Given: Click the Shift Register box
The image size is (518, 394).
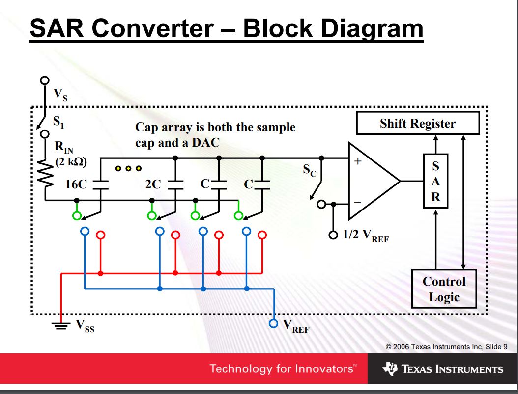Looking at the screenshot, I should point(417,124).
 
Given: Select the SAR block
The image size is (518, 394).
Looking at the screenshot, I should point(435,181).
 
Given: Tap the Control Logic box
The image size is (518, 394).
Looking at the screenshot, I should point(444,289).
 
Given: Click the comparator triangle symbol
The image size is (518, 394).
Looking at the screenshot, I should point(371,181).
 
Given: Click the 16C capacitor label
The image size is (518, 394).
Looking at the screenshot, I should point(76,184).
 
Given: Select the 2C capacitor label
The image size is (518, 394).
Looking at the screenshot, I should point(153,184).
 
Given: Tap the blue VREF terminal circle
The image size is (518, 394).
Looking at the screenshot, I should point(274,324).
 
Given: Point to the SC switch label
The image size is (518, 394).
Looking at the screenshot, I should point(310,171).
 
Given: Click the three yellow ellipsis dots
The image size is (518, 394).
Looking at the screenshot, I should point(128,168).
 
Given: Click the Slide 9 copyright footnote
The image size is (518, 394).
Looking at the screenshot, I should point(447,347).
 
